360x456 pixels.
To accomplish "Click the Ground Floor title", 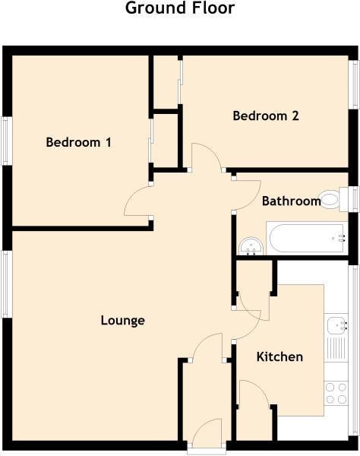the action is (180, 8).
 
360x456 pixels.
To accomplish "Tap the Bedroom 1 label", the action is (78, 142).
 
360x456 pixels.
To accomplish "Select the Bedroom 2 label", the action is (266, 116).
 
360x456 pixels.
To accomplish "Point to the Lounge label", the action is (122, 321).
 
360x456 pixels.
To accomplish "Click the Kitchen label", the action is (279, 357).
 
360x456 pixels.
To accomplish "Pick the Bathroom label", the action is (291, 201).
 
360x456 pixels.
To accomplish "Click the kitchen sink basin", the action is (336, 325).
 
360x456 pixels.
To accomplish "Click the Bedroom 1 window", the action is (7, 141).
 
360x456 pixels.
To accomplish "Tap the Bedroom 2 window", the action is (354, 84).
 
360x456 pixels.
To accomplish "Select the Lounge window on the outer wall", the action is (6, 283).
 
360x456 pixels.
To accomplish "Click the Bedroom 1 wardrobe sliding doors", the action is (150, 141).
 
